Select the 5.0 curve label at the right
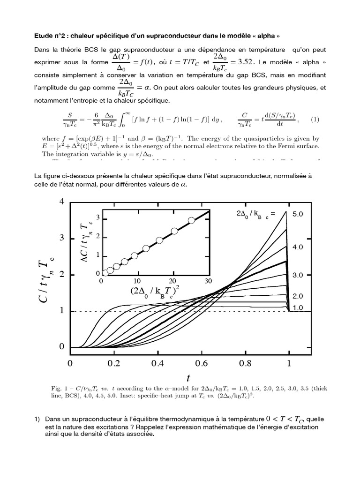point(299,214)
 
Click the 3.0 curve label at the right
point(299,275)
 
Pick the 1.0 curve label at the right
point(299,307)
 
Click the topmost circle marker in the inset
point(191,220)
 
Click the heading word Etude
point(45,35)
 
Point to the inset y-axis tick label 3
point(98,217)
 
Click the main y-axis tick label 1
point(61,311)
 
